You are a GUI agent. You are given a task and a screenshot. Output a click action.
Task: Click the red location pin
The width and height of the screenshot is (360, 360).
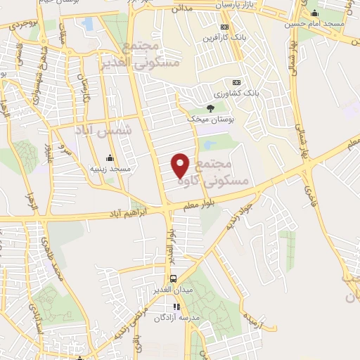point(181,165)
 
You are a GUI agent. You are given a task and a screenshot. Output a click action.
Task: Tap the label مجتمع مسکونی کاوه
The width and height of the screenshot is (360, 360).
point(221,172)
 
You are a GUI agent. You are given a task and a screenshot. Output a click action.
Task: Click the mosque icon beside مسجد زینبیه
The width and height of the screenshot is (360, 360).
point(109,157)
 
